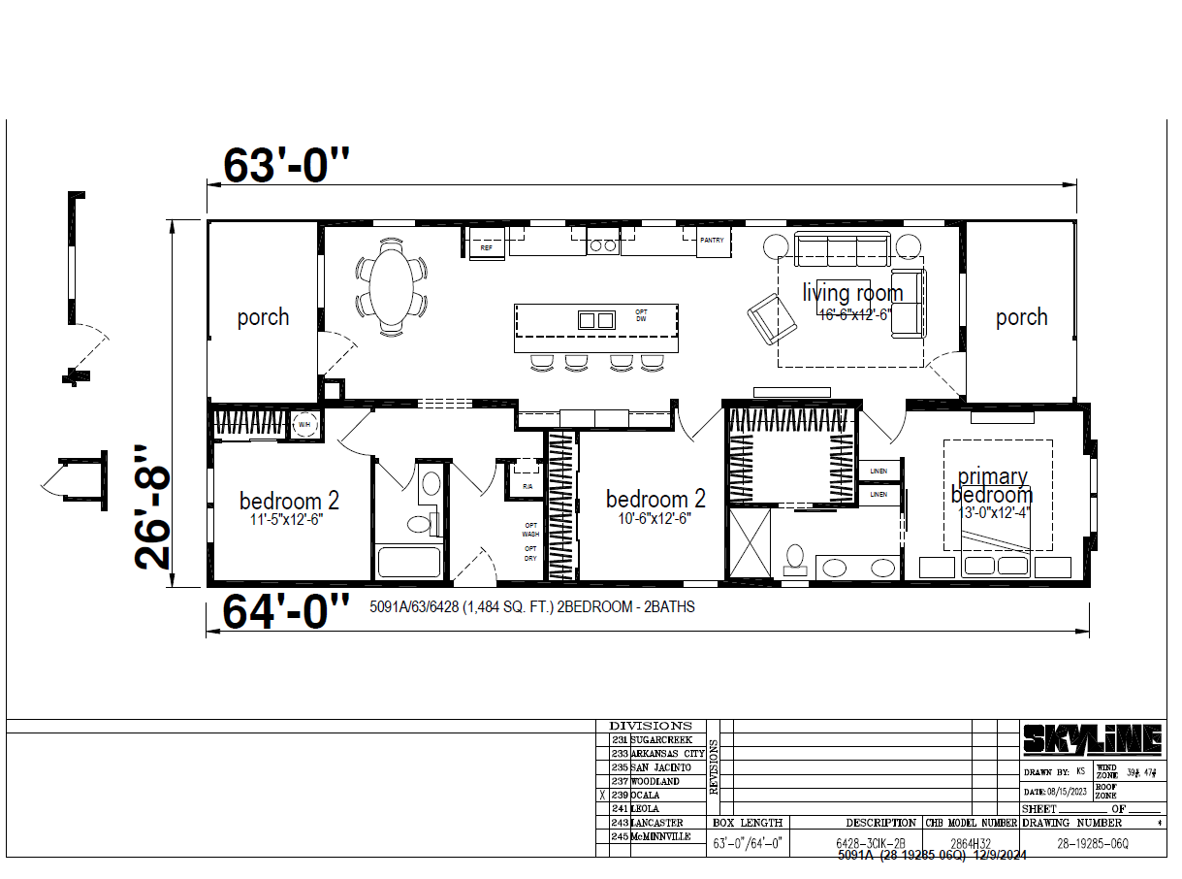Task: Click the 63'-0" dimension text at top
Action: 286,166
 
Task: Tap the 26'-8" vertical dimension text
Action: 153,507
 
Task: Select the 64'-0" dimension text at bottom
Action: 286,611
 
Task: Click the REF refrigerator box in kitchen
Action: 487,248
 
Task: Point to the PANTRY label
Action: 712,239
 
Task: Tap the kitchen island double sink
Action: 596,319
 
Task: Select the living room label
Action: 852,292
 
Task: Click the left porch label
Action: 263,317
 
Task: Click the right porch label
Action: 1021,317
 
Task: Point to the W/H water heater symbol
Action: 303,424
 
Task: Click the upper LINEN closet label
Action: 879,471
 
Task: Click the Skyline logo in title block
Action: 1092,741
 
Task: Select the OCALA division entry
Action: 646,795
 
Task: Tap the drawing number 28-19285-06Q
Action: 1092,844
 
